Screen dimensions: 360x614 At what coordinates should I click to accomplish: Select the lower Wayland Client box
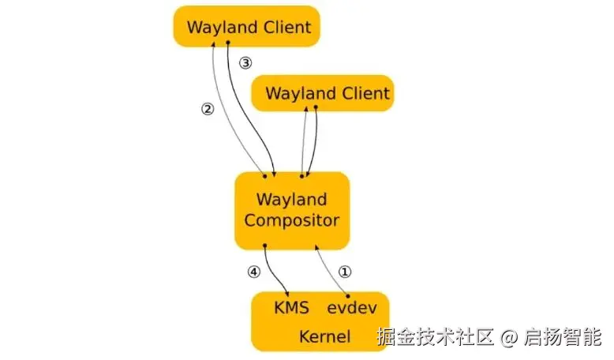coord(322,94)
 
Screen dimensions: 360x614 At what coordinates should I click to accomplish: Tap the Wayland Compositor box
coord(291,209)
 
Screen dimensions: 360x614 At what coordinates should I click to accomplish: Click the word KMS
coord(290,308)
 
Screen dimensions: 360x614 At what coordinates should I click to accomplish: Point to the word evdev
coord(349,308)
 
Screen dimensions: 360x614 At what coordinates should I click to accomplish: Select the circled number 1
coord(345,272)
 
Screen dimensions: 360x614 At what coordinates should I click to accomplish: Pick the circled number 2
coord(208,110)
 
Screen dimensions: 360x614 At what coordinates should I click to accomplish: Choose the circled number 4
coord(253,272)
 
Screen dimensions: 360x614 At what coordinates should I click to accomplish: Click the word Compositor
coord(291,220)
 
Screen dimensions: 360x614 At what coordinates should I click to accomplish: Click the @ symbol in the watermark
coord(510,338)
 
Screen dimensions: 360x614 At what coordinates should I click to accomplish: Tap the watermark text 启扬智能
coord(562,338)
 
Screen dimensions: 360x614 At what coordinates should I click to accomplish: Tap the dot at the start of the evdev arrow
coord(348,294)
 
